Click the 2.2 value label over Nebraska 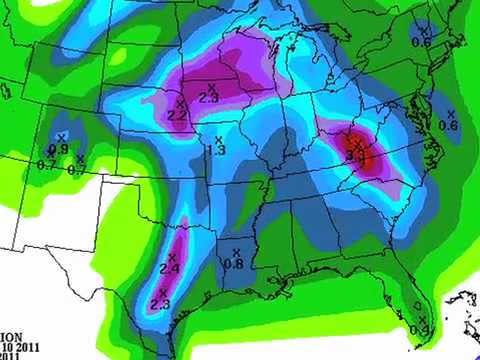tap(177, 116)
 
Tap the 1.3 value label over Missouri tap(215, 150)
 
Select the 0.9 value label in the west tap(59, 149)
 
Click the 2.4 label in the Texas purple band tap(169, 270)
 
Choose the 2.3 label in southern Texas tap(160, 304)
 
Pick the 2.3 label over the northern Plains tap(209, 98)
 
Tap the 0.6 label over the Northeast tap(421, 41)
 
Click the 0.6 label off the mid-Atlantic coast tap(448, 126)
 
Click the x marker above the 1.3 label tap(218, 139)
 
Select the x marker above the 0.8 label tap(236, 251)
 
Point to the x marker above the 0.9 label tap(62, 137)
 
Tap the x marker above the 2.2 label tap(180, 104)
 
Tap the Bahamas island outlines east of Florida tap(463, 300)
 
